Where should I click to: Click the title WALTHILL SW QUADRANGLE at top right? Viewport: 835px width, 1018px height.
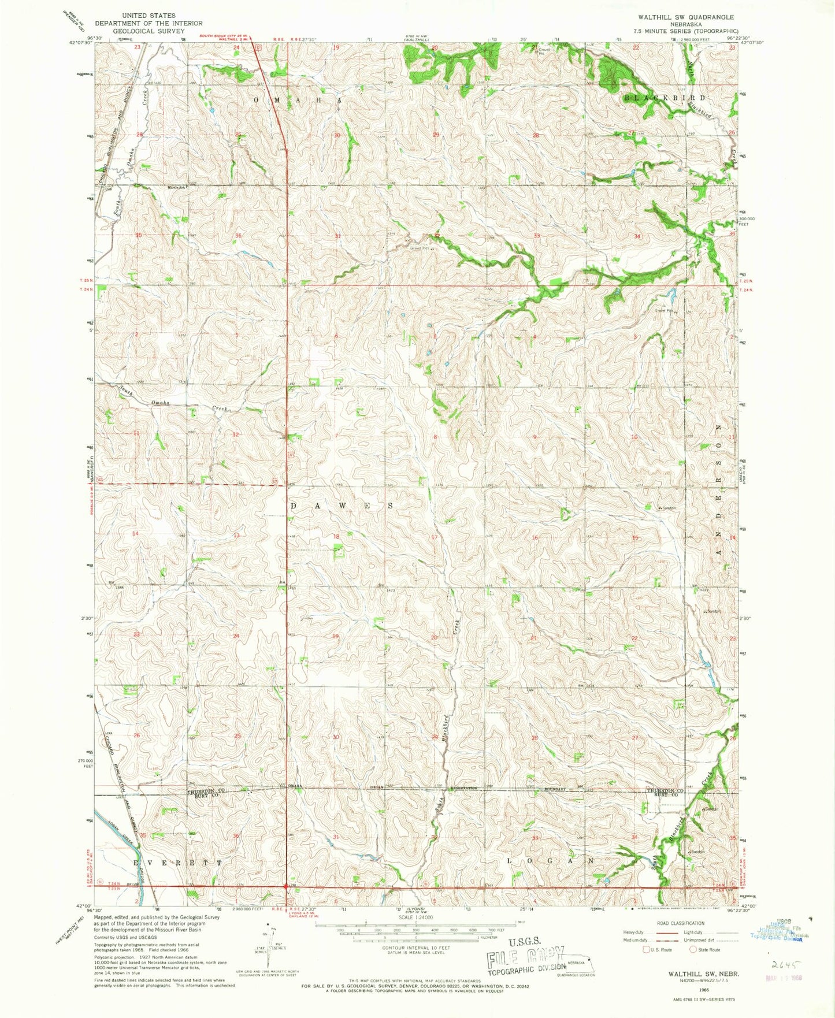click(685, 17)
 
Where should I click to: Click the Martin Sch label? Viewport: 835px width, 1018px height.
click(178, 185)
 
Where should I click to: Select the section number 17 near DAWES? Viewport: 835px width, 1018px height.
click(435, 537)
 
